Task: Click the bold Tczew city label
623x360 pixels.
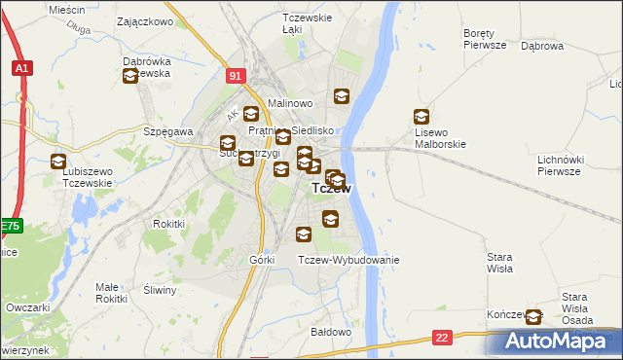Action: [331, 190]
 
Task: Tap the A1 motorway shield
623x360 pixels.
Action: [21, 68]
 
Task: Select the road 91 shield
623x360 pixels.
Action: [236, 74]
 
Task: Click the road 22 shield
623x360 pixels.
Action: [442, 337]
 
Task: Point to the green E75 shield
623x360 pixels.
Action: [10, 226]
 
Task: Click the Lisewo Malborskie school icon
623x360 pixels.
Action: [421, 116]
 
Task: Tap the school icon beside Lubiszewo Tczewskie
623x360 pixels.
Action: [58, 162]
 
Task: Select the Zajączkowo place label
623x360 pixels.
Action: [144, 20]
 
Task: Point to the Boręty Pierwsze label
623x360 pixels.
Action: [485, 38]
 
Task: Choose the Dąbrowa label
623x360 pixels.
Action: [542, 46]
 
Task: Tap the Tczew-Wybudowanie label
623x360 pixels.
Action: [348, 260]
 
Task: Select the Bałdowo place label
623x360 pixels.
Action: [330, 332]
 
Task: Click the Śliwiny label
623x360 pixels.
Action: [159, 290]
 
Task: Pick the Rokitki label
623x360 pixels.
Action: [168, 224]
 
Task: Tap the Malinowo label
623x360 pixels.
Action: [289, 102]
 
